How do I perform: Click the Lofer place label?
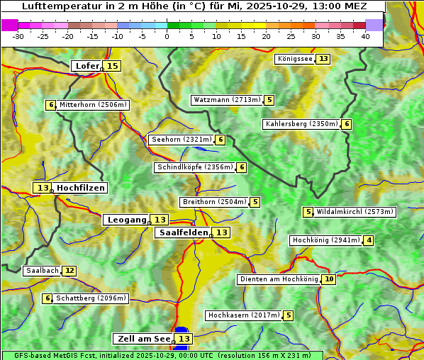tap(87, 66)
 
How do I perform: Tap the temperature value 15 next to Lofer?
tap(112, 66)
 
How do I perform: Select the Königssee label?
tap(294, 59)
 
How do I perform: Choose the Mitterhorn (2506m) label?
tap(93, 105)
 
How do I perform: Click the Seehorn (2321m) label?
tap(182, 140)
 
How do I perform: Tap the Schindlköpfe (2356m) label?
tap(194, 167)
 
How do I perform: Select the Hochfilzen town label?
tap(81, 188)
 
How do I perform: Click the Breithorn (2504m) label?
tap(213, 202)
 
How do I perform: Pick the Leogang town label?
tap(126, 220)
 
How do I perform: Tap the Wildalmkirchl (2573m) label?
tap(355, 212)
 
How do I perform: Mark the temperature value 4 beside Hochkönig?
tap(369, 240)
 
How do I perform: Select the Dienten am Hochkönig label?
tap(279, 279)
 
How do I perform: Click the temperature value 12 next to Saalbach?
tap(69, 271)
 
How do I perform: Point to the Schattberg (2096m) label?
tap(91, 298)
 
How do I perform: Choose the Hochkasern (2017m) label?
tap(243, 315)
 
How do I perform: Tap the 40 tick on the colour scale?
tap(365, 36)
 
